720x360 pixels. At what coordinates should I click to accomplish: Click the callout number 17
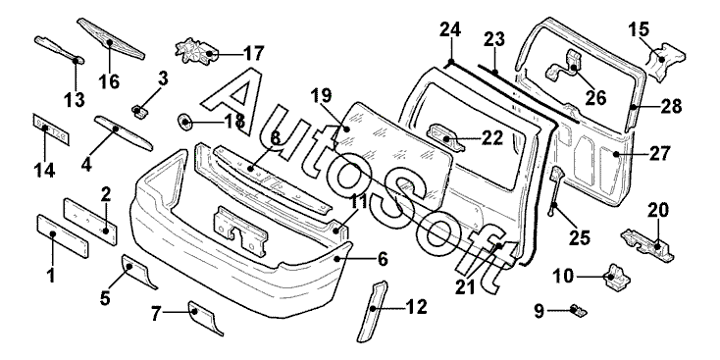tap(254, 54)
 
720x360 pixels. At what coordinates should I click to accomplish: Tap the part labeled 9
tap(579, 310)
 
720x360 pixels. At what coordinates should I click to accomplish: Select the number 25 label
tap(579, 237)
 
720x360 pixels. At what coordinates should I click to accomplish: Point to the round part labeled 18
tap(184, 123)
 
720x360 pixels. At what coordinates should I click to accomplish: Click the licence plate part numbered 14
tap(51, 129)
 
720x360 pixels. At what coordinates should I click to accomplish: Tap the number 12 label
tap(417, 307)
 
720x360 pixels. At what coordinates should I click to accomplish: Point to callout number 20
tap(658, 210)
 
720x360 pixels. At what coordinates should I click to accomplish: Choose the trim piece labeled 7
tap(205, 317)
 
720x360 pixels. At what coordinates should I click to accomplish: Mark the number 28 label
tap(671, 107)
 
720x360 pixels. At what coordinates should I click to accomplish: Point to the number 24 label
tap(450, 29)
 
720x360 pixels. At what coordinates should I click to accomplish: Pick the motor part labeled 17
tap(196, 52)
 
